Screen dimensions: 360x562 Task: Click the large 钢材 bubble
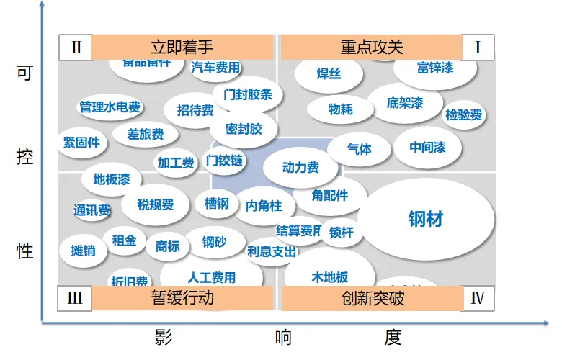[x=426, y=218]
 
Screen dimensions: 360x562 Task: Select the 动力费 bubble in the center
[x=300, y=168]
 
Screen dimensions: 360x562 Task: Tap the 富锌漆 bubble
[x=435, y=68]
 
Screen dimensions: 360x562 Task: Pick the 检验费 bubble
[x=464, y=114]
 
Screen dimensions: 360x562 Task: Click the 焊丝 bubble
[x=329, y=74]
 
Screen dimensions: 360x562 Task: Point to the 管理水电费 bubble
[x=110, y=107]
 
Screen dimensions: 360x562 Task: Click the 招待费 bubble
[x=195, y=110]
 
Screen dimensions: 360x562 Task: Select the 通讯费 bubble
[x=92, y=210]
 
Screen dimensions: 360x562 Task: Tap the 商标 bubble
[x=167, y=246]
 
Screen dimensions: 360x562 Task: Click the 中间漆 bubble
[x=427, y=148]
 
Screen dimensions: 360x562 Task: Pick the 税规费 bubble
[x=156, y=205]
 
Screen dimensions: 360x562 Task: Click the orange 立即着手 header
[x=182, y=48]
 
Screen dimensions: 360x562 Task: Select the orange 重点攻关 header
[x=371, y=48]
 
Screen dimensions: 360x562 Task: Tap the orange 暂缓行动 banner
[x=182, y=298]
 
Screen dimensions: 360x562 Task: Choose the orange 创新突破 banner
[x=373, y=298]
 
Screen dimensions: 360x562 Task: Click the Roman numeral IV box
[x=477, y=298]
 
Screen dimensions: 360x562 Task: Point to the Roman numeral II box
[x=76, y=48]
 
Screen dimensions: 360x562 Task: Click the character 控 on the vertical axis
[x=24, y=158]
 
